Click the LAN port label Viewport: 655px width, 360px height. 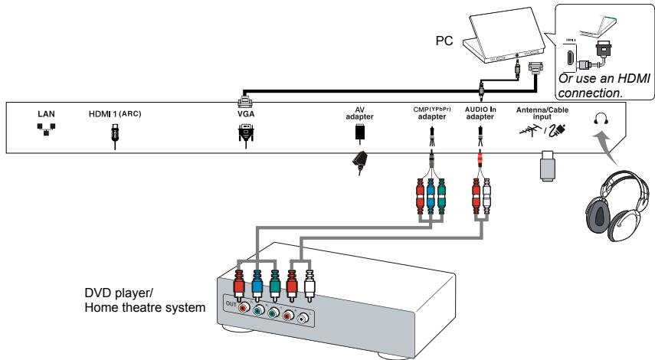pyautogui.click(x=46, y=113)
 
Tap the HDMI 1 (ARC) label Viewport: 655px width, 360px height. pyautogui.click(x=116, y=113)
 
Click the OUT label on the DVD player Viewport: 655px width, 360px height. pyautogui.click(x=228, y=304)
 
